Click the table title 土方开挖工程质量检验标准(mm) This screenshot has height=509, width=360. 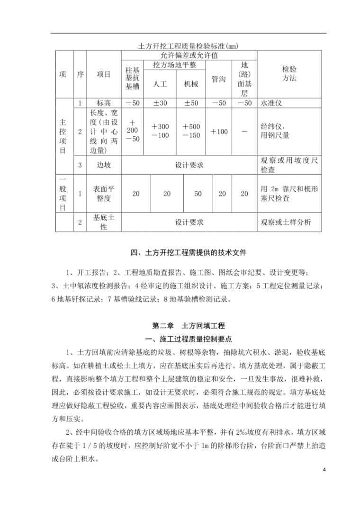pyautogui.click(x=187, y=46)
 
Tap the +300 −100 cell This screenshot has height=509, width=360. pyautogui.click(x=160, y=132)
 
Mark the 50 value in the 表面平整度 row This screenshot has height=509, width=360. pyautogui.click(x=198, y=194)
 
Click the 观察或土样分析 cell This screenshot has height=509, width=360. pyautogui.click(x=286, y=222)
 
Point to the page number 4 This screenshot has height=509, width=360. pyautogui.click(x=324, y=470)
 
